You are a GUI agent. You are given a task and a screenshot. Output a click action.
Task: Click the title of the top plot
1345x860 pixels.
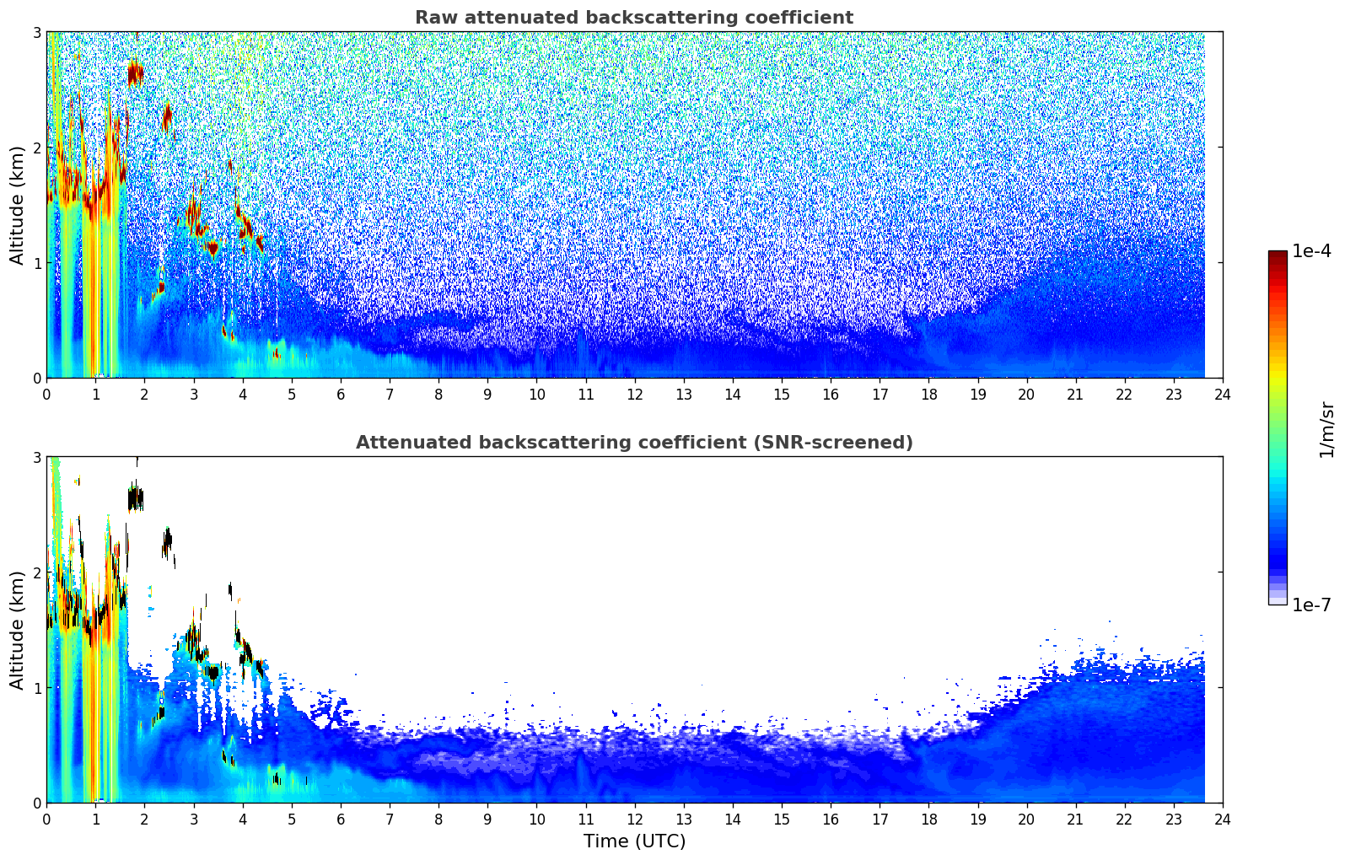click(634, 18)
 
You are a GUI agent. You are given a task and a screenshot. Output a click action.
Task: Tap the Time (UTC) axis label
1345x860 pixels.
click(634, 841)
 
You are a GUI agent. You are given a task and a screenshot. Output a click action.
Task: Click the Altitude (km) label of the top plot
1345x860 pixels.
click(17, 206)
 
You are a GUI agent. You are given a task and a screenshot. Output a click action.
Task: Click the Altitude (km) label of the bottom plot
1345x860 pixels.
click(17, 630)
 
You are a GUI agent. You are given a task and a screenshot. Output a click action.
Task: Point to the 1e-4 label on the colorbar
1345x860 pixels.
click(1311, 250)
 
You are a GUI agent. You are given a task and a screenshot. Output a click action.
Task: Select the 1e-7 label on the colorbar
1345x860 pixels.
click(1311, 605)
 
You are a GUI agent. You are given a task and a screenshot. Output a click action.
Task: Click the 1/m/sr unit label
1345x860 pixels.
click(1326, 430)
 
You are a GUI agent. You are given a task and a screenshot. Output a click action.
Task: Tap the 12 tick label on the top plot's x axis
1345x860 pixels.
click(635, 395)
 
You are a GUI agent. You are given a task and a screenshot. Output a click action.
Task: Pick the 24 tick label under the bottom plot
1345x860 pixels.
click(1223, 820)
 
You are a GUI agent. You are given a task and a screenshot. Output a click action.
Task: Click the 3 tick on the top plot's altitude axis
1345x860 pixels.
click(36, 32)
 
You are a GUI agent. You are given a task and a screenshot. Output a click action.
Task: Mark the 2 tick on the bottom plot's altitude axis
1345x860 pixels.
click(36, 572)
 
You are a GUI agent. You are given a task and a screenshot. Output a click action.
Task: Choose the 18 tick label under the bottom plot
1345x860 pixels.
click(929, 820)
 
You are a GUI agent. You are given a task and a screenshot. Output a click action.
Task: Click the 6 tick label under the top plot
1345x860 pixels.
click(341, 395)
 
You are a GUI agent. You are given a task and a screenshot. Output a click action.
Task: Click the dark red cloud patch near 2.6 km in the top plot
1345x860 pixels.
click(136, 74)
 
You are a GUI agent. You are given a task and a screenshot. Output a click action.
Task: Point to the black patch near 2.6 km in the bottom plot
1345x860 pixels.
click(137, 498)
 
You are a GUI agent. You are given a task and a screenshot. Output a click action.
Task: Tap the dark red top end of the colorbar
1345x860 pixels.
click(1278, 254)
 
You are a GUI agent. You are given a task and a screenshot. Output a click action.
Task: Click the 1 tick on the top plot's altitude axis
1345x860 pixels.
click(36, 262)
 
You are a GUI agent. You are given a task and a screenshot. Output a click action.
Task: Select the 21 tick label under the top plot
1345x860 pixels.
click(1075, 395)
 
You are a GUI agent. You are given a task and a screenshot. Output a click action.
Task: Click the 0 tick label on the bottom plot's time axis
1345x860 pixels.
click(47, 820)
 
